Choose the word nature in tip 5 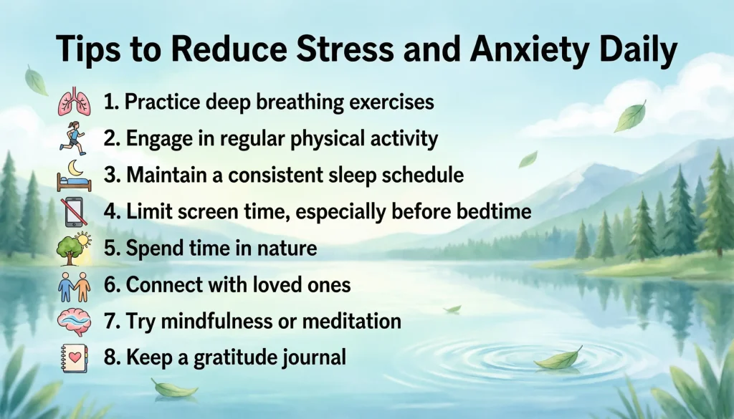(282, 249)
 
